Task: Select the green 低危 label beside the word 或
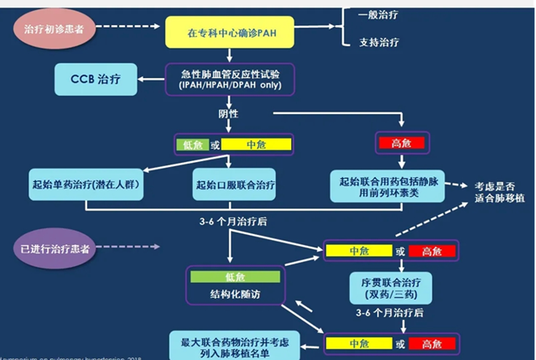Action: coord(191,144)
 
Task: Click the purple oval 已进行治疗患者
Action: coord(52,249)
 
